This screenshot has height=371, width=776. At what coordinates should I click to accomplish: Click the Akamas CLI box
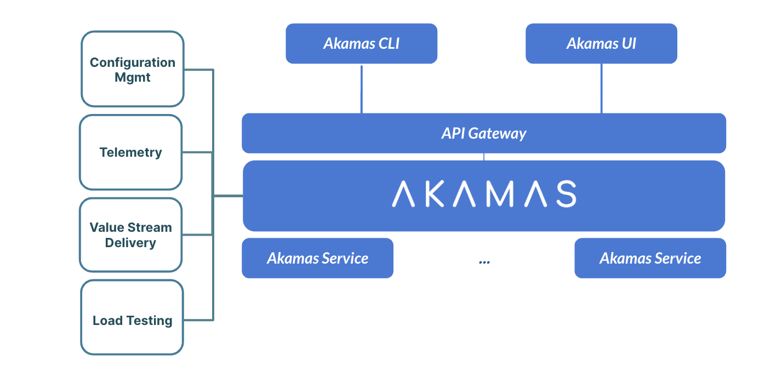(x=361, y=44)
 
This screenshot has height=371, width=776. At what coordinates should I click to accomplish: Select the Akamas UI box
(x=601, y=44)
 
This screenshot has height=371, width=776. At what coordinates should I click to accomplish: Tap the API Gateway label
(x=483, y=133)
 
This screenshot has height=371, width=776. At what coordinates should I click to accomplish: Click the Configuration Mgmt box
(x=133, y=69)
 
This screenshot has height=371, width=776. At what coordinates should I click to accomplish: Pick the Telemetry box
(x=131, y=152)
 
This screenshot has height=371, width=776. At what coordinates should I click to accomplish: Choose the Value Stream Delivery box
(x=131, y=235)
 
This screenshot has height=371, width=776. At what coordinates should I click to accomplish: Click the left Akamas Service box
(x=317, y=258)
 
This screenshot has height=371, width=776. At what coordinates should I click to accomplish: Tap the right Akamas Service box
(x=650, y=258)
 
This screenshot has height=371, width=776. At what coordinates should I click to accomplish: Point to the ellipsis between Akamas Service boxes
(x=484, y=262)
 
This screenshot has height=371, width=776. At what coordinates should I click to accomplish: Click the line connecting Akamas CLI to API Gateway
(x=361, y=89)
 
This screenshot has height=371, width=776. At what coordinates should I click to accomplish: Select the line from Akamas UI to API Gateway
(x=601, y=89)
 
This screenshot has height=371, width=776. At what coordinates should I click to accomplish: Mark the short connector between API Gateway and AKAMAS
(x=484, y=157)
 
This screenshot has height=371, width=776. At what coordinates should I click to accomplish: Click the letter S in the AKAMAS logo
(x=565, y=194)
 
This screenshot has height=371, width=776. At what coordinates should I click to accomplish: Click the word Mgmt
(x=133, y=77)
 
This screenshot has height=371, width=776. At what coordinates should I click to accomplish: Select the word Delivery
(x=130, y=243)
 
